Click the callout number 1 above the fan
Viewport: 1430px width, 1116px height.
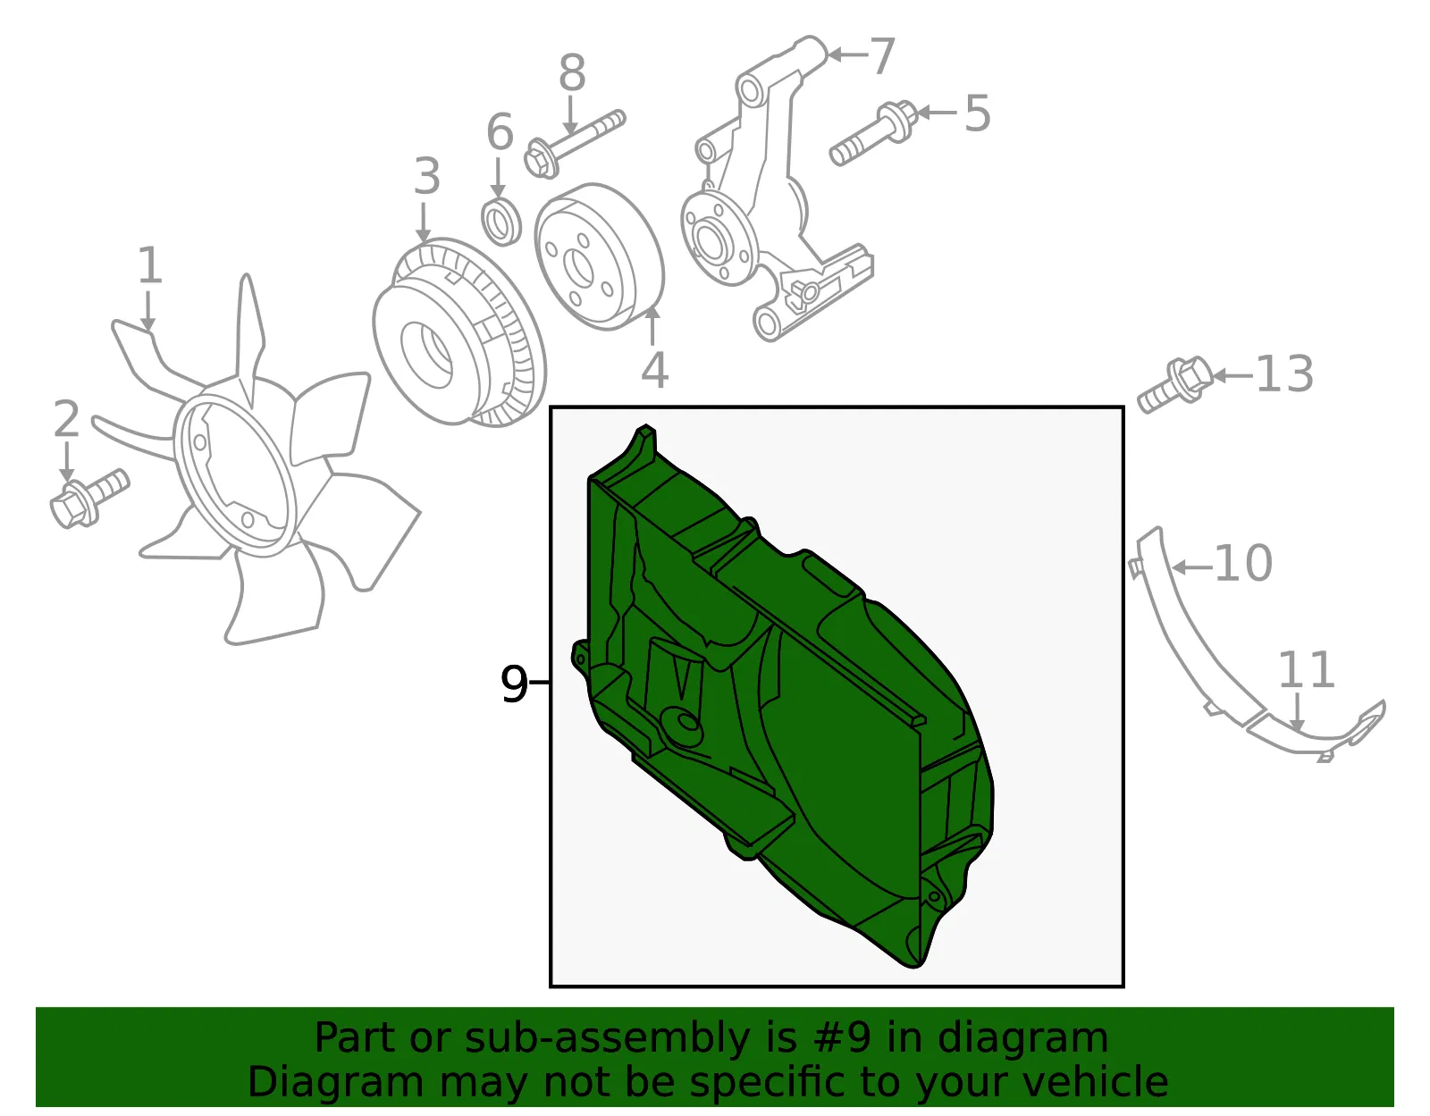(150, 265)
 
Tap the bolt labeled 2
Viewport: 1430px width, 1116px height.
(89, 498)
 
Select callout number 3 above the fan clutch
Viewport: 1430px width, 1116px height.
(427, 176)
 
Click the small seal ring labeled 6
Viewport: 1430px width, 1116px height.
(501, 221)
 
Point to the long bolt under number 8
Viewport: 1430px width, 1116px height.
(575, 144)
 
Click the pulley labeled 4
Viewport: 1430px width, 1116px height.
(599, 256)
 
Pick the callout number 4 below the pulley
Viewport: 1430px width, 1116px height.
(655, 370)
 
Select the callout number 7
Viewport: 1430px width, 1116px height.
(882, 55)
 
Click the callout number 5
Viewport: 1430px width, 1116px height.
(977, 113)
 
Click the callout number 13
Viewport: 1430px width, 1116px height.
(1284, 374)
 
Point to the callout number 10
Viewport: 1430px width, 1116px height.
(1243, 564)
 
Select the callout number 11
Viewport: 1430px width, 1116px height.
(1307, 670)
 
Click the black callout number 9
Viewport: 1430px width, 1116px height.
(514, 684)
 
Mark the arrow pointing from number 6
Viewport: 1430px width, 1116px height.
(498, 177)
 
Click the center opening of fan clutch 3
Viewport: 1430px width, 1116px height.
(426, 354)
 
